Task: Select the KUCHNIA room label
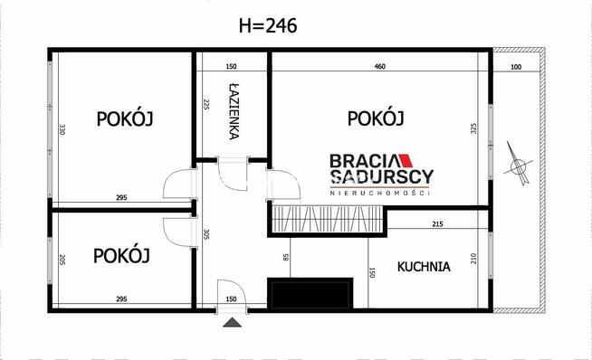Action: coord(424,267)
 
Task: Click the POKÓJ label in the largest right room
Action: coord(375,118)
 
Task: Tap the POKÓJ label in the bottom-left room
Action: coord(121,255)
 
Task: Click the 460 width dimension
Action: coord(380,66)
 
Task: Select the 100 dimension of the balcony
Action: coord(517,66)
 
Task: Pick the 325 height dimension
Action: coord(473,128)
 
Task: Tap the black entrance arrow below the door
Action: coord(232,321)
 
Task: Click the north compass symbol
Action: coord(519,164)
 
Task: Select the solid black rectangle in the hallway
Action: coord(310,294)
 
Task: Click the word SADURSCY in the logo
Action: coord(380,177)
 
